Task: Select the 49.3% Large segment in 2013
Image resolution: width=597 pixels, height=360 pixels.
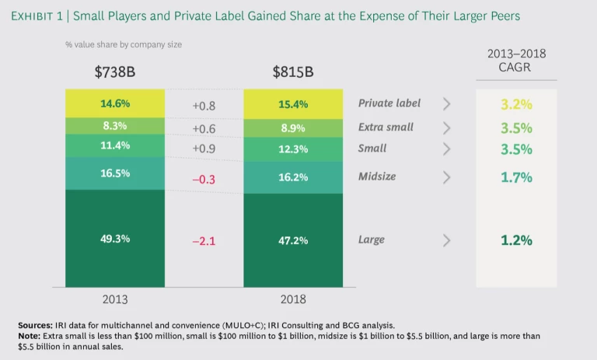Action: (x=115, y=239)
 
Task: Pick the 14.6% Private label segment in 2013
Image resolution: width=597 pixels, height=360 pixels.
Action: (x=115, y=103)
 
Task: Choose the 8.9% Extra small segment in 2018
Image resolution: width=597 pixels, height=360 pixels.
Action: (x=293, y=128)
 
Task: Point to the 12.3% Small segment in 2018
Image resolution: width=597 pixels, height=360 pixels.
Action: (x=293, y=148)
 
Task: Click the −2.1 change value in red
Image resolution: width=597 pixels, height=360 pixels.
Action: (x=204, y=239)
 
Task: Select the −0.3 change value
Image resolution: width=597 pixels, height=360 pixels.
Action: (x=204, y=180)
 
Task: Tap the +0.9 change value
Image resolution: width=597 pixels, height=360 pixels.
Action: (x=204, y=148)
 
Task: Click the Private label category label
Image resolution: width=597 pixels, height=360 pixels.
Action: (x=389, y=103)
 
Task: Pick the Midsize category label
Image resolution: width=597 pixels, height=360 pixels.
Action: (x=377, y=177)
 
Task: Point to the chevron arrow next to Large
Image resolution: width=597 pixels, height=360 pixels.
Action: (x=446, y=239)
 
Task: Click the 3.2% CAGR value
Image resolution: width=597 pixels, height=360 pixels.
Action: (x=516, y=103)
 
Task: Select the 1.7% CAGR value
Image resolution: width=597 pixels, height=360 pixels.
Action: (x=516, y=177)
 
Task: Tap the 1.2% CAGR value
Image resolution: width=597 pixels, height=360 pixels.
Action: (x=516, y=240)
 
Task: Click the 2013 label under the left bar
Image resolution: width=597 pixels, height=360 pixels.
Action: (x=115, y=299)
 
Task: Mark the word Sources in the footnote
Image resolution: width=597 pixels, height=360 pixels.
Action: (x=37, y=324)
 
